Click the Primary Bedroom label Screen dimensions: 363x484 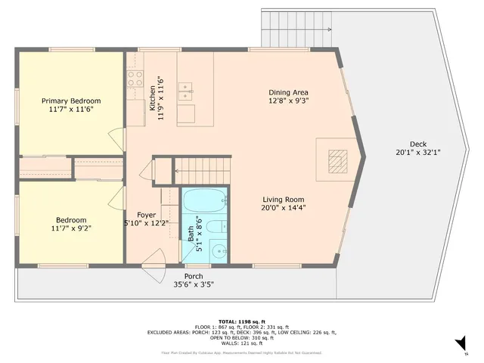click(71, 101)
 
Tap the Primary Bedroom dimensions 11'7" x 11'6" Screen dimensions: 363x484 click(71, 110)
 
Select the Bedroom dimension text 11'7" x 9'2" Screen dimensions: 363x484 click(71, 228)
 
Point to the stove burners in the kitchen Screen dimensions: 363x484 click(135, 76)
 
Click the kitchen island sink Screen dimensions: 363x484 click(186, 92)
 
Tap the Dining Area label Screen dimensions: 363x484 click(288, 92)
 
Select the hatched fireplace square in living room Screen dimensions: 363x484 click(337, 159)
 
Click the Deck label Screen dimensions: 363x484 click(417, 144)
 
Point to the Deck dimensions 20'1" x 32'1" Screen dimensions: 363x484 click(417, 153)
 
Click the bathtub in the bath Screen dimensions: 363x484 click(204, 201)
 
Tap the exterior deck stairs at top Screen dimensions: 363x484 click(296, 29)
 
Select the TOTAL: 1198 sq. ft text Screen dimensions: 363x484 click(242, 321)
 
